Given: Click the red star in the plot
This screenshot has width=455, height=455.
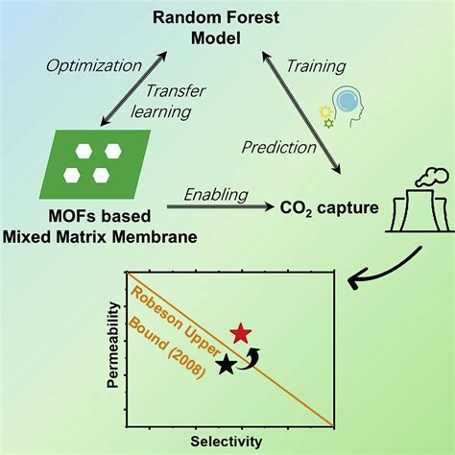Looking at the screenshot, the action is click(x=241, y=333).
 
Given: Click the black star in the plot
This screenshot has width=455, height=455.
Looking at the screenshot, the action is click(x=227, y=365).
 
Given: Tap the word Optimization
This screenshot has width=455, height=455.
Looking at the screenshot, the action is click(x=94, y=66).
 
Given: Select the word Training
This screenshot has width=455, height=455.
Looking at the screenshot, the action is click(x=316, y=66).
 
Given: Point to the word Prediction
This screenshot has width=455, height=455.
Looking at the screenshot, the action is click(x=278, y=148).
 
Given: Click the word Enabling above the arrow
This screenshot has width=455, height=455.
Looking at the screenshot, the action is click(x=216, y=195).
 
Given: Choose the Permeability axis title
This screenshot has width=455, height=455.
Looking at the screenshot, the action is click(x=112, y=345).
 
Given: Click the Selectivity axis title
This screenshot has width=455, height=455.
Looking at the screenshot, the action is click(x=227, y=442).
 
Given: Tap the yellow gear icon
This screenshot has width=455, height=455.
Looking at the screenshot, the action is click(x=325, y=111).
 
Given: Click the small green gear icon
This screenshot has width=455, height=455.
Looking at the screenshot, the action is click(x=328, y=124).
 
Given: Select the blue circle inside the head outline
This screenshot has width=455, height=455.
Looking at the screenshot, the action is click(x=347, y=101).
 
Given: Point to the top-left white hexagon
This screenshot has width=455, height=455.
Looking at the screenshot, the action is click(x=84, y=151).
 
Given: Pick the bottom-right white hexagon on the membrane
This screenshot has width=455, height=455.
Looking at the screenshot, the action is click(x=101, y=176).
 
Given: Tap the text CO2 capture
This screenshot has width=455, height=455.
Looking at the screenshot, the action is click(x=329, y=208).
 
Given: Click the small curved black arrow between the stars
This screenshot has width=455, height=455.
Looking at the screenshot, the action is click(x=250, y=358).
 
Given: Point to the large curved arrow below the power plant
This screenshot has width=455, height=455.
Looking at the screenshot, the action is click(x=384, y=271).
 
